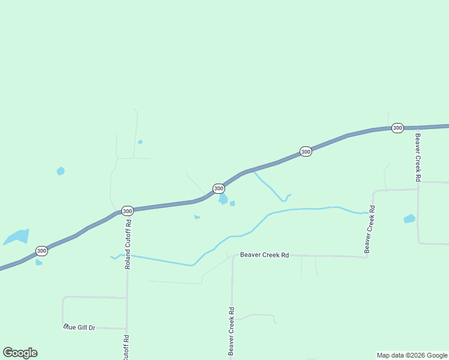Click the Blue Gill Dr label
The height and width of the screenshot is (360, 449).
[79, 327]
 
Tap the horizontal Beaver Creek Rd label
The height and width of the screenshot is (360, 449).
[265, 255]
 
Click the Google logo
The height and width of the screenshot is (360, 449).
[20, 353]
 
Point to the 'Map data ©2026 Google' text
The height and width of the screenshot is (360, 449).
[412, 355]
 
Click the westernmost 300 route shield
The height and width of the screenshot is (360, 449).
[41, 251]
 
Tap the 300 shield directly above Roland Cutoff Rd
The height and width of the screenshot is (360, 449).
[127, 211]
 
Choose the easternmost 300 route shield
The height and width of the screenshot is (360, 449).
[397, 128]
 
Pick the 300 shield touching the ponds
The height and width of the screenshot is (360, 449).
[218, 188]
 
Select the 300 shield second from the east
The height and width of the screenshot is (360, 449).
[306, 151]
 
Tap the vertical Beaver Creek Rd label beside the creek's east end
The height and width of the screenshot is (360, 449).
[372, 229]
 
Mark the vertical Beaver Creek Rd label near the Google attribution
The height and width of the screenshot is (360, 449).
[231, 332]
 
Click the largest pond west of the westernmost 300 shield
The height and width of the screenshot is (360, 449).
[17, 237]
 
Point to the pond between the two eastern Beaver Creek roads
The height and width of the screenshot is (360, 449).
[409, 219]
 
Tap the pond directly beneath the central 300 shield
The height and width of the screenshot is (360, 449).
[223, 199]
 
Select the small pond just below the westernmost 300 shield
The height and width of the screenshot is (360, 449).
[39, 262]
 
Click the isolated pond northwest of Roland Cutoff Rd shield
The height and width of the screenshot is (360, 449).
[60, 171]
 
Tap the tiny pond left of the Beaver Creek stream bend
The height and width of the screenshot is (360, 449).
[197, 217]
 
